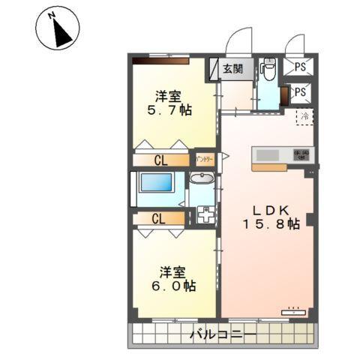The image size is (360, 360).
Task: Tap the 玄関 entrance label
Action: pyautogui.click(x=232, y=69)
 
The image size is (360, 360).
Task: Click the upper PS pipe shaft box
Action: pyautogui.click(x=300, y=66)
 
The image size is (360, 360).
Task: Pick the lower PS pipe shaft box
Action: pyautogui.click(x=300, y=92)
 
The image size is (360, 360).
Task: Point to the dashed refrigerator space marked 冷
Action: pyautogui.click(x=304, y=117)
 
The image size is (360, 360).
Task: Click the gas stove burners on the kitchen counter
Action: pyautogui.click(x=301, y=155)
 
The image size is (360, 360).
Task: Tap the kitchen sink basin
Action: pyautogui.click(x=268, y=155)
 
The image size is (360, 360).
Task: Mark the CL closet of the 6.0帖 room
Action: pyautogui.click(x=158, y=219)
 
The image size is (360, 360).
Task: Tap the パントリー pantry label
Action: pyautogui.click(x=205, y=160)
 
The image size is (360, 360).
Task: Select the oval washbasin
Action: pyautogui.click(x=200, y=179)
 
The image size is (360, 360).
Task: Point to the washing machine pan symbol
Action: pyautogui.click(x=204, y=214)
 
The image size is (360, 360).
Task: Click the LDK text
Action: pyautogui.click(x=267, y=209)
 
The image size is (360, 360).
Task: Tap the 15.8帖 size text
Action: pyautogui.click(x=271, y=224)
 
